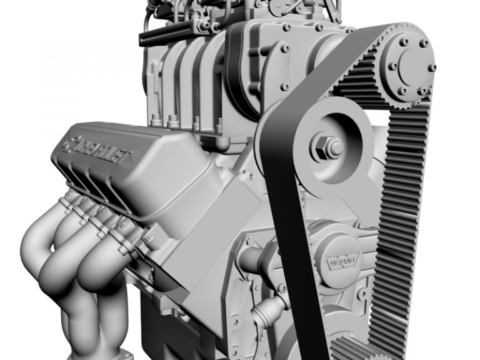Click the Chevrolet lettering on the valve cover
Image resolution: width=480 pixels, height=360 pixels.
point(106,150)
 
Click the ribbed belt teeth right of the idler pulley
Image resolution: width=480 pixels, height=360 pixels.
point(406,187)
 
